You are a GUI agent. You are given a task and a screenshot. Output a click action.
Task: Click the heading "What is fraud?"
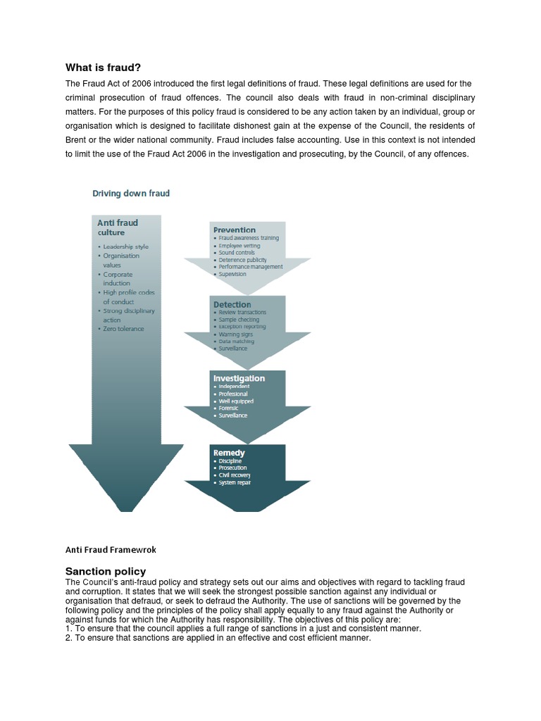pos(103,68)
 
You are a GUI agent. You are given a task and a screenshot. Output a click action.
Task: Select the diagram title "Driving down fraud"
pos(132,193)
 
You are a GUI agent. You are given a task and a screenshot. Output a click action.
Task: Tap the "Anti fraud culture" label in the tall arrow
pos(117,227)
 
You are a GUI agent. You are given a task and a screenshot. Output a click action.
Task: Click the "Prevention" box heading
pos(235,230)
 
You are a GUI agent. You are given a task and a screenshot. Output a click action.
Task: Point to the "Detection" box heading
pos(232,304)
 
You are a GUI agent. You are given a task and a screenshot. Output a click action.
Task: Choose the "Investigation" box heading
pos(239,378)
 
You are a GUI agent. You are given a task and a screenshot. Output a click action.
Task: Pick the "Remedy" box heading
pos(229,453)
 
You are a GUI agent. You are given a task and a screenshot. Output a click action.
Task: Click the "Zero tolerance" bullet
pos(123,329)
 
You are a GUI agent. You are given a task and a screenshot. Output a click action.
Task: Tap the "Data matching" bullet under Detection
pos(236,341)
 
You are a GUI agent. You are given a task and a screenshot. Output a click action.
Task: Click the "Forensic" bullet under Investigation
pos(228,408)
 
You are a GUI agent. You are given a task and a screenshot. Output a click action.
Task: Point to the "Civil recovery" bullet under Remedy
pos(234,475)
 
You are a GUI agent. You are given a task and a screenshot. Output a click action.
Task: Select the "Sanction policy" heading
pos(106,571)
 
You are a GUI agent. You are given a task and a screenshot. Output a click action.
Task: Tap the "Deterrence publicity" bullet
pos(243,260)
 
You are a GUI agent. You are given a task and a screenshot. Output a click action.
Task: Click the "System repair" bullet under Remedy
pos(234,482)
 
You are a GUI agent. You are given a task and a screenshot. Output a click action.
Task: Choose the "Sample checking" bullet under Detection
pos(240,320)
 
